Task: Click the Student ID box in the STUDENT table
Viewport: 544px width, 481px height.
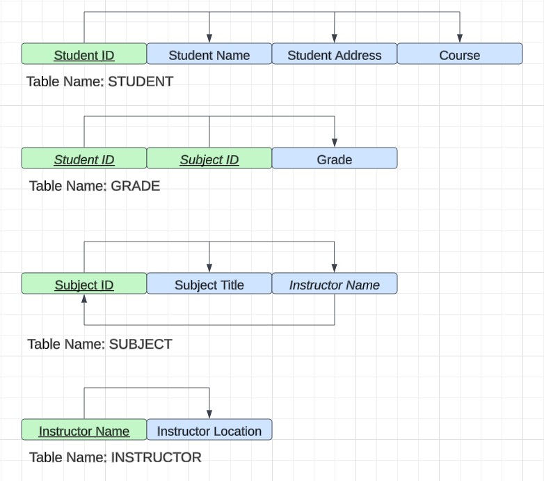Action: (x=84, y=54)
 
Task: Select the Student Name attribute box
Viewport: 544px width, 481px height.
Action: (x=209, y=54)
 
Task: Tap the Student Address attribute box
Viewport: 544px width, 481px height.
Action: (x=335, y=54)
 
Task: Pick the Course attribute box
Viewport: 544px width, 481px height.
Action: (x=460, y=54)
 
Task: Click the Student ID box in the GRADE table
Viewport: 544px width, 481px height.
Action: (x=84, y=159)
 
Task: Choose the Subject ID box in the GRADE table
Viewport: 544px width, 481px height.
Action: (x=209, y=159)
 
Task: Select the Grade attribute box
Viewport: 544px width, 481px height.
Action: (x=335, y=159)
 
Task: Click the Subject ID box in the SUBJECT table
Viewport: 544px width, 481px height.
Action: (x=84, y=284)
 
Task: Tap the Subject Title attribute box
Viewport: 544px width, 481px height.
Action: (x=209, y=284)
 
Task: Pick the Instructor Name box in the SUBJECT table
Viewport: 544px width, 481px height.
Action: (x=335, y=284)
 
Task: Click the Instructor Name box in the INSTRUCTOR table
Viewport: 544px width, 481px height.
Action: (x=84, y=430)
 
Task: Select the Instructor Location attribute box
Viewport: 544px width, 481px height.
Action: (x=209, y=430)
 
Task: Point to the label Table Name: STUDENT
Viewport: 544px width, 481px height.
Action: (x=99, y=81)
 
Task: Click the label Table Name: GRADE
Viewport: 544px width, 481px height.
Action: (x=95, y=186)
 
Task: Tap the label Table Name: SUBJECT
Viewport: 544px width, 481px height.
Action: (x=99, y=344)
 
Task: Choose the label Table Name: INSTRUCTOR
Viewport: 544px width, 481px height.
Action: (x=115, y=457)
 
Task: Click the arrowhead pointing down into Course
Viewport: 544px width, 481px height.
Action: (x=460, y=39)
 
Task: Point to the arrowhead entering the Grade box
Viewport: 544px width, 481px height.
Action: (x=335, y=143)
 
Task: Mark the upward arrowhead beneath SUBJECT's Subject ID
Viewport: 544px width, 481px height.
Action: (x=84, y=299)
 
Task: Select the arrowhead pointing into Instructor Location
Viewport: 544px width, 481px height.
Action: (x=209, y=415)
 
